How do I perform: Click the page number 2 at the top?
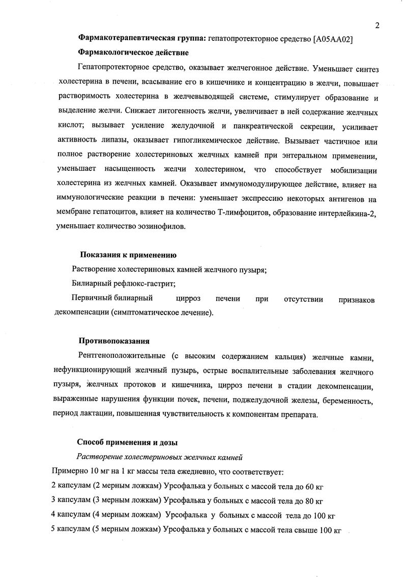[x=377, y=26]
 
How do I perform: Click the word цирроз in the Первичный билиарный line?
[x=188, y=299]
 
